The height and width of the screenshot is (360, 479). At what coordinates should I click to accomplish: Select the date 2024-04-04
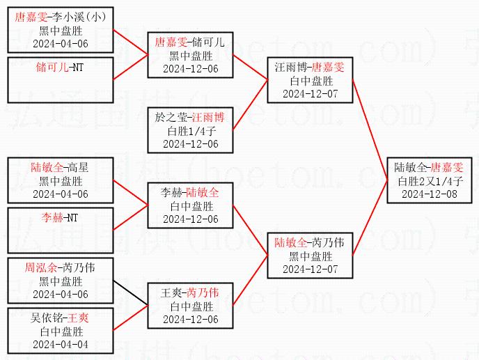click(61, 343)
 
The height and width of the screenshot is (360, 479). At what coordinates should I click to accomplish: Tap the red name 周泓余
click(40, 267)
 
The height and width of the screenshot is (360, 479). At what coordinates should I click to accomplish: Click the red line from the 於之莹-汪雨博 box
click(250, 105)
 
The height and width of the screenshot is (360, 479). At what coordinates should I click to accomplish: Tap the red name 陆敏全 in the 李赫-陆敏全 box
click(204, 193)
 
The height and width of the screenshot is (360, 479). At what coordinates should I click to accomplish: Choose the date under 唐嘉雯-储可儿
click(190, 69)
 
